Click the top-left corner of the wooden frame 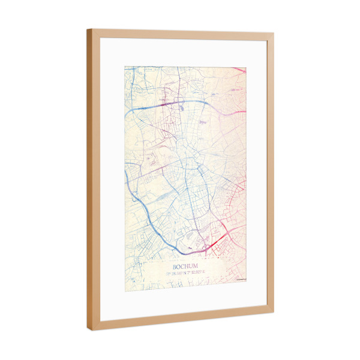88,29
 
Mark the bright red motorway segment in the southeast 221,239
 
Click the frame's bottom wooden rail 180,320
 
